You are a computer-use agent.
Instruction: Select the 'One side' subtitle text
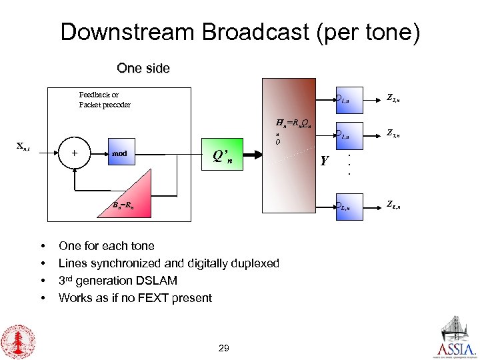point(143,68)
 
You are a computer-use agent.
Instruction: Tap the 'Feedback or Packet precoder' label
point(104,99)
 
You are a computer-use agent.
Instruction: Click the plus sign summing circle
point(73,153)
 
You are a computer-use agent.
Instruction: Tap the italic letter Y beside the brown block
point(325,161)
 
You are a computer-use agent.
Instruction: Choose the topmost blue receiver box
point(347,100)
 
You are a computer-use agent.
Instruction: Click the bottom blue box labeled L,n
point(347,207)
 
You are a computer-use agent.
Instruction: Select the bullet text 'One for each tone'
point(107,246)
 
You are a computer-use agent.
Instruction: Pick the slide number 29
point(223,348)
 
